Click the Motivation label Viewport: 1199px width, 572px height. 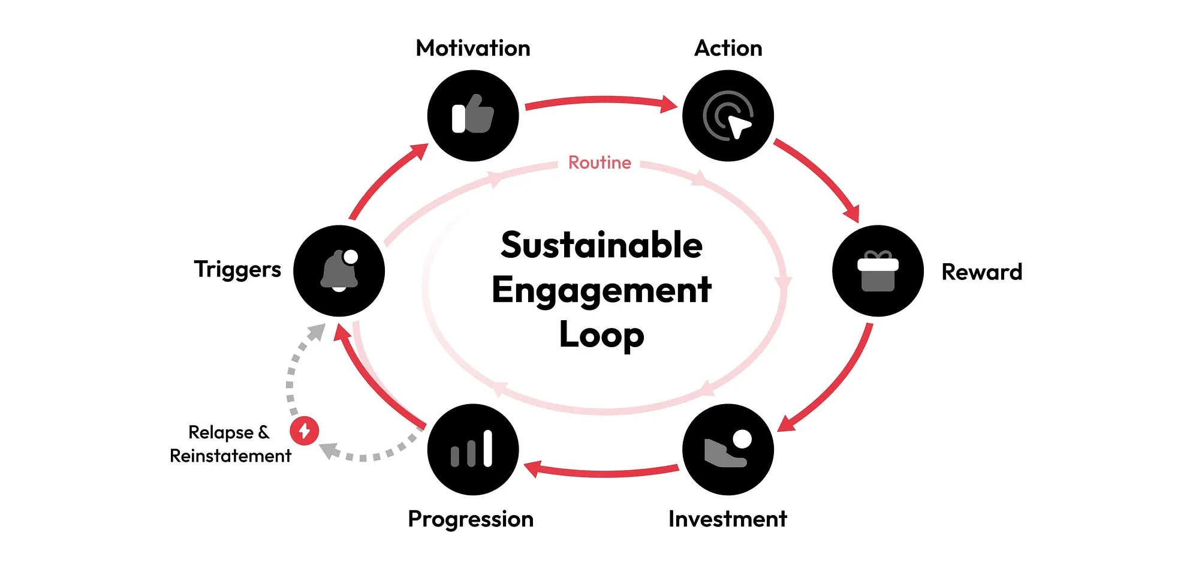tap(473, 48)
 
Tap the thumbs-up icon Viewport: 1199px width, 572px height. tap(473, 115)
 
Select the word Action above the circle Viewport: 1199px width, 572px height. tap(728, 48)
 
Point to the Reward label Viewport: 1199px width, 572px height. tap(981, 272)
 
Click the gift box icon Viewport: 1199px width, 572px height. tap(878, 271)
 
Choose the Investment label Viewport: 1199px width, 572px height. tap(727, 519)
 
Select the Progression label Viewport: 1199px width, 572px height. tap(471, 519)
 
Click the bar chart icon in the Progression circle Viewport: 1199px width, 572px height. tap(472, 450)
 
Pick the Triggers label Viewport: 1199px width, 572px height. tap(237, 269)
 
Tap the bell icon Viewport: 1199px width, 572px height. tap(339, 270)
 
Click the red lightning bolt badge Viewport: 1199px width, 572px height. tap(305, 430)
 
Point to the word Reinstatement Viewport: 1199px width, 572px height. tap(230, 456)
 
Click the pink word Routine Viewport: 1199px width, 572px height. tap(599, 162)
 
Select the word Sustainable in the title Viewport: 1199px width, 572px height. tap(601, 245)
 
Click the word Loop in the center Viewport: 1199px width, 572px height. tap(601, 335)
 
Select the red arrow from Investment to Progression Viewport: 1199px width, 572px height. tap(601, 472)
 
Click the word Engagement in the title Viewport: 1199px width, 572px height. tap(601, 290)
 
